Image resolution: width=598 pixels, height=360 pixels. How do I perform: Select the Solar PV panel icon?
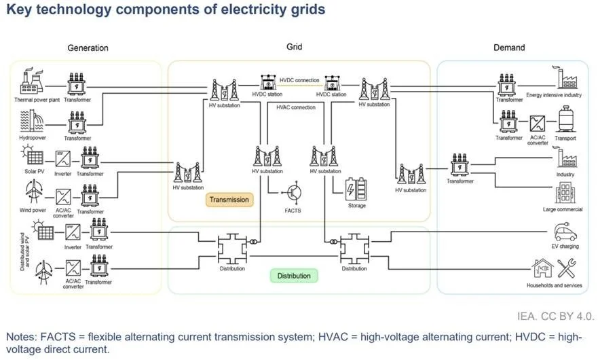coord(35,158)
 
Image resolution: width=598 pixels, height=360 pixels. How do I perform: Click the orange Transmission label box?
coord(229,200)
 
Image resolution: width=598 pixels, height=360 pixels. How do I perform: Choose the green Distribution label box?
coord(293,276)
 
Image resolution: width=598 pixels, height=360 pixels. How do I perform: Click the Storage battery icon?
coord(356,188)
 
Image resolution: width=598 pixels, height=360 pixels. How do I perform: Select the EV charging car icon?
coord(565,234)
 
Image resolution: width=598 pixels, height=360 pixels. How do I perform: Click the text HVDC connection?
coord(299,80)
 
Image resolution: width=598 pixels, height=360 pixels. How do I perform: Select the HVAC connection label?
coord(296,107)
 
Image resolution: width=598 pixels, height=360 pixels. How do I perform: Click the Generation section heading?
coord(88,48)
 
